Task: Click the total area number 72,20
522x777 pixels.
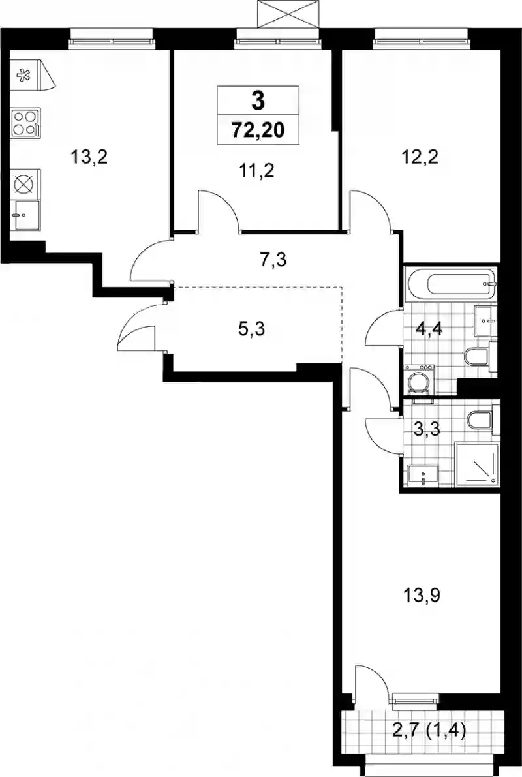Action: click(257, 130)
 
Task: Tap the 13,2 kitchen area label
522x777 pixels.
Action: click(89, 158)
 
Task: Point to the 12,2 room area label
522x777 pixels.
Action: click(420, 158)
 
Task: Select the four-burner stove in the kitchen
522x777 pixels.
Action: click(25, 122)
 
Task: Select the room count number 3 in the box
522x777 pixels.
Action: click(258, 102)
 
